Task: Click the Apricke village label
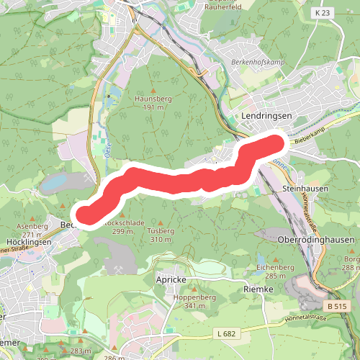point(171,279)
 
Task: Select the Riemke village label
point(259,289)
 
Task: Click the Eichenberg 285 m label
point(276,271)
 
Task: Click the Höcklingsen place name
point(28,243)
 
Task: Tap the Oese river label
point(107,150)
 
